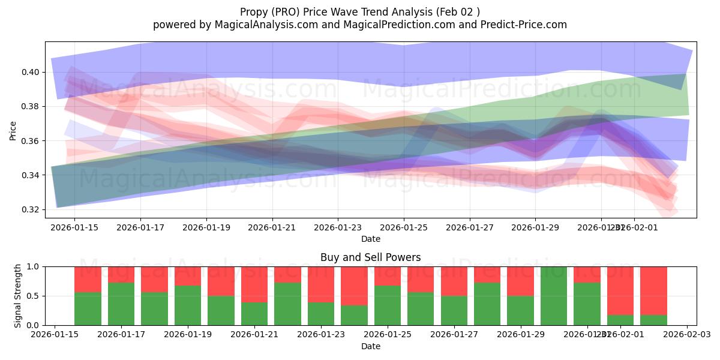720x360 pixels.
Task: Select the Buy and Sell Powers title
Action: click(370, 257)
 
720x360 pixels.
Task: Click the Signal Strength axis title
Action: click(18, 295)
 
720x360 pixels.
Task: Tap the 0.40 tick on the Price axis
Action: click(30, 72)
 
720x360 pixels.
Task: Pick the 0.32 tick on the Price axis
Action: click(30, 210)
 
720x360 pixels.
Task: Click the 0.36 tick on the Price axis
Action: click(30, 141)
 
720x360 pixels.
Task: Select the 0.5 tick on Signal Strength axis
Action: click(33, 296)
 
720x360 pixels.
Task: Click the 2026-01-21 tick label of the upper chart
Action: click(272, 227)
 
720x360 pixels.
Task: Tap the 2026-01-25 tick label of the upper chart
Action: click(404, 227)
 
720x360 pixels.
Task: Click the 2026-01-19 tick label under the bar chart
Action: click(188, 335)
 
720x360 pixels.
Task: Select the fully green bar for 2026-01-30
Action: click(553, 296)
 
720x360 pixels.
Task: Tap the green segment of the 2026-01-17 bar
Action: click(121, 304)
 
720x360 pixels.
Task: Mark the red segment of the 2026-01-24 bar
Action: click(354, 286)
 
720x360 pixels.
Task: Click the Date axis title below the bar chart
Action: click(370, 346)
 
